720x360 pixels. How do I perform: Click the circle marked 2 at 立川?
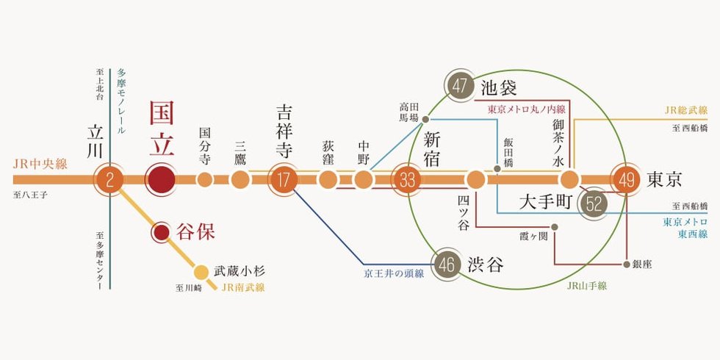pyautogui.click(x=109, y=179)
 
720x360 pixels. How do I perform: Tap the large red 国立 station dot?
pyautogui.click(x=161, y=179)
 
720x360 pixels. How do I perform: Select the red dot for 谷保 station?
pyautogui.click(x=161, y=233)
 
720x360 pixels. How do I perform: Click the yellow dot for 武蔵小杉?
pyautogui.click(x=201, y=273)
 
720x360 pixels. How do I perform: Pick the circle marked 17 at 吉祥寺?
pyautogui.click(x=284, y=179)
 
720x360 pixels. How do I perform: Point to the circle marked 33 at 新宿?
pyautogui.click(x=407, y=179)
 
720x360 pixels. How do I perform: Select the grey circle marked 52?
pyautogui.click(x=594, y=204)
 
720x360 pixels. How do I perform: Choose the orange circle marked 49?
pyautogui.click(x=626, y=179)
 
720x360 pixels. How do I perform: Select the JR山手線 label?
pyautogui.click(x=587, y=286)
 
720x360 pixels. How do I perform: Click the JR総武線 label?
pyautogui.click(x=686, y=110)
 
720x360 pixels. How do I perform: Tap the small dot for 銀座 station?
pyautogui.click(x=626, y=264)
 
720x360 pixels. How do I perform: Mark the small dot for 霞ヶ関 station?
pyautogui.click(x=555, y=227)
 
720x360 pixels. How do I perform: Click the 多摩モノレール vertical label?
pyautogui.click(x=121, y=101)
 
